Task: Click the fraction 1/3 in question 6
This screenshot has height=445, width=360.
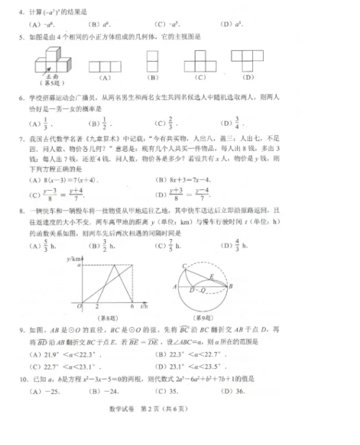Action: pos(44,123)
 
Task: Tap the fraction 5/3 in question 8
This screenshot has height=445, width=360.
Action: pos(44,246)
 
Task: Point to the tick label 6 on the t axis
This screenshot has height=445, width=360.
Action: pos(133,306)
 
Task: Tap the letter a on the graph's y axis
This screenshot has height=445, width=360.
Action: pos(78,266)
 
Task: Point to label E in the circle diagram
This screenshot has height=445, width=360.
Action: pos(211,276)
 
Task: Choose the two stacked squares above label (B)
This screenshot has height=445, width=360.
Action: pos(152,62)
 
